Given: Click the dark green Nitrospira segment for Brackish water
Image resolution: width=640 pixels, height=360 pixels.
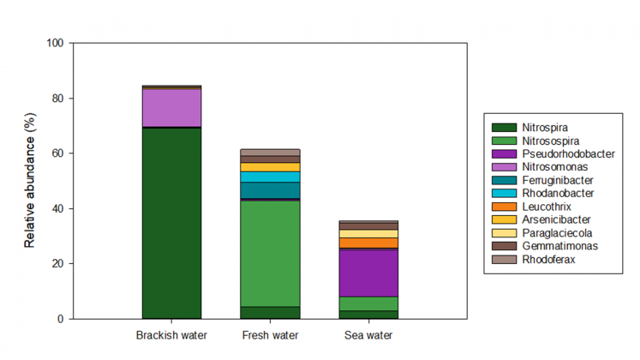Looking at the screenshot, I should pos(171,223).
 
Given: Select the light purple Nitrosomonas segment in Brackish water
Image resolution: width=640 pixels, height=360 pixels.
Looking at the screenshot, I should pos(171,108).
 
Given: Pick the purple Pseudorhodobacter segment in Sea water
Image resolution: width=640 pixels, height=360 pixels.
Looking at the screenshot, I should pos(368,273).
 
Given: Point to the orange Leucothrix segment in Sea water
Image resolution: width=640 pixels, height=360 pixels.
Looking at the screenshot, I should pos(368,243).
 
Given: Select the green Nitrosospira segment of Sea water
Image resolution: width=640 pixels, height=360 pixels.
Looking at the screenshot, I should pos(368,303).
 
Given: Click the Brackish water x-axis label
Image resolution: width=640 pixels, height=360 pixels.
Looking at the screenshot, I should pos(171,334).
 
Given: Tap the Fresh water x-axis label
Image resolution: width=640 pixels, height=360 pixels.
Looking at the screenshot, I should pos(270,334).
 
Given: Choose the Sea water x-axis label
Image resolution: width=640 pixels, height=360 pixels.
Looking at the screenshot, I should pos(368,334).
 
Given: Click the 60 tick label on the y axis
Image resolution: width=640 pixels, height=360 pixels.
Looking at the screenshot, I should pos(59,153).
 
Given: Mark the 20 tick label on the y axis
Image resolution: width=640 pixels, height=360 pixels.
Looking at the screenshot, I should pos(59,264).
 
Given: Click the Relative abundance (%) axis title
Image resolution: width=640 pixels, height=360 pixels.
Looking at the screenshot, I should pos(30,181).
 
